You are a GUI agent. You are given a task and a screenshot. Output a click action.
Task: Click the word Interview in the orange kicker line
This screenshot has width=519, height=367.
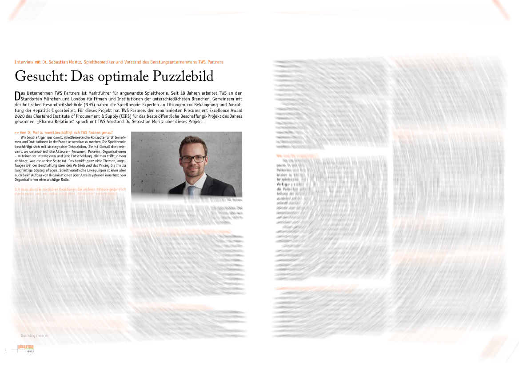click(x=24, y=62)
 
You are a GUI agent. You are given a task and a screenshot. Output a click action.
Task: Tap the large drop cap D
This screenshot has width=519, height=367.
click(x=17, y=96)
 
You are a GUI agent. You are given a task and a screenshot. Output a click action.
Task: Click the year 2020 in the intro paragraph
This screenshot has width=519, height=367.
click(x=20, y=116)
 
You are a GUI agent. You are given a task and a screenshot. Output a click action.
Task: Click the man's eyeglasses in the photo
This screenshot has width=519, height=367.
click(x=193, y=158)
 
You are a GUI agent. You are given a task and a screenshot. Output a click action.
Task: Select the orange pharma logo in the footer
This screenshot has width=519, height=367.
click(x=25, y=347)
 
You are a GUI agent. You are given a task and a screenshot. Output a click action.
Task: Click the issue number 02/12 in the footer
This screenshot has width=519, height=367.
click(x=31, y=351)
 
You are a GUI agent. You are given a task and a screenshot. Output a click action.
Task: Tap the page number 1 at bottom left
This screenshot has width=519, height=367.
click(x=6, y=351)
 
